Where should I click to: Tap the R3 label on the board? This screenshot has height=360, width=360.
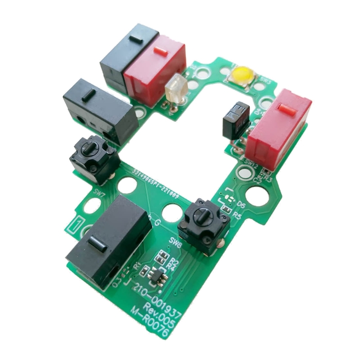(269, 179)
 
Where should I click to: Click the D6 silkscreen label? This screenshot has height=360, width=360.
(241, 205)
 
